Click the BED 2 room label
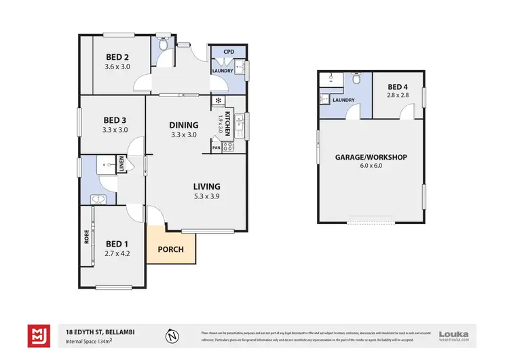coord(117,57)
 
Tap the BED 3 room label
coord(114,120)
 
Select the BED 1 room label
coord(117,244)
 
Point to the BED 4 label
coord(398,87)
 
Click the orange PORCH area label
coord(171,249)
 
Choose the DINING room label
coord(183,125)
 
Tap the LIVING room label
coord(207,187)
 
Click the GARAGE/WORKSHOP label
coord(371,157)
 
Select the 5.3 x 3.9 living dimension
coord(207,197)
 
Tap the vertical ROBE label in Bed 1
coord(86,236)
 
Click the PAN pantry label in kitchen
coord(216,147)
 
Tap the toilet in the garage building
coord(356,80)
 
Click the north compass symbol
coord(173,335)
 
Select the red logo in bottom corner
coord(37,335)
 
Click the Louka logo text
coord(453,334)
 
